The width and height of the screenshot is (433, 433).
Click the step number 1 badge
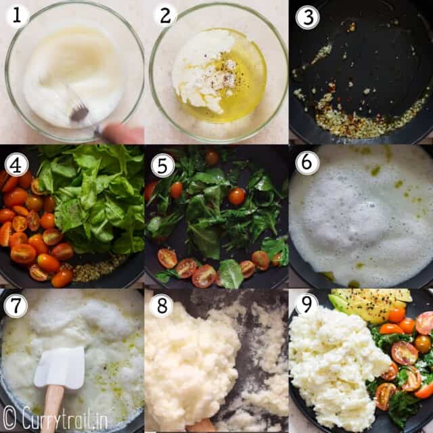coord(16,16)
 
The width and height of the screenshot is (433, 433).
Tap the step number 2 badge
coord(165,16)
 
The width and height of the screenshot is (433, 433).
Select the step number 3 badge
coord(307,17)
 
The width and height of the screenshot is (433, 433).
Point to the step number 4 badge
coord(16,164)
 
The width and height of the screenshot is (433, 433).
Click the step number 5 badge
coord(162,166)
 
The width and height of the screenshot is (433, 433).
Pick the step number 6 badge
coord(307,163)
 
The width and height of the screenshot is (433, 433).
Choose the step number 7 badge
coord(16,306)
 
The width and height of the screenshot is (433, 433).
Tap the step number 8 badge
coord(162,306)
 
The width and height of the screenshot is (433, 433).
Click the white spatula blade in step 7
coord(60,367)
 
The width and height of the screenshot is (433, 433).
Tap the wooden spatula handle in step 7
coord(53,409)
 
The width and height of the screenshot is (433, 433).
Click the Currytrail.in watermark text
coord(65,419)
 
